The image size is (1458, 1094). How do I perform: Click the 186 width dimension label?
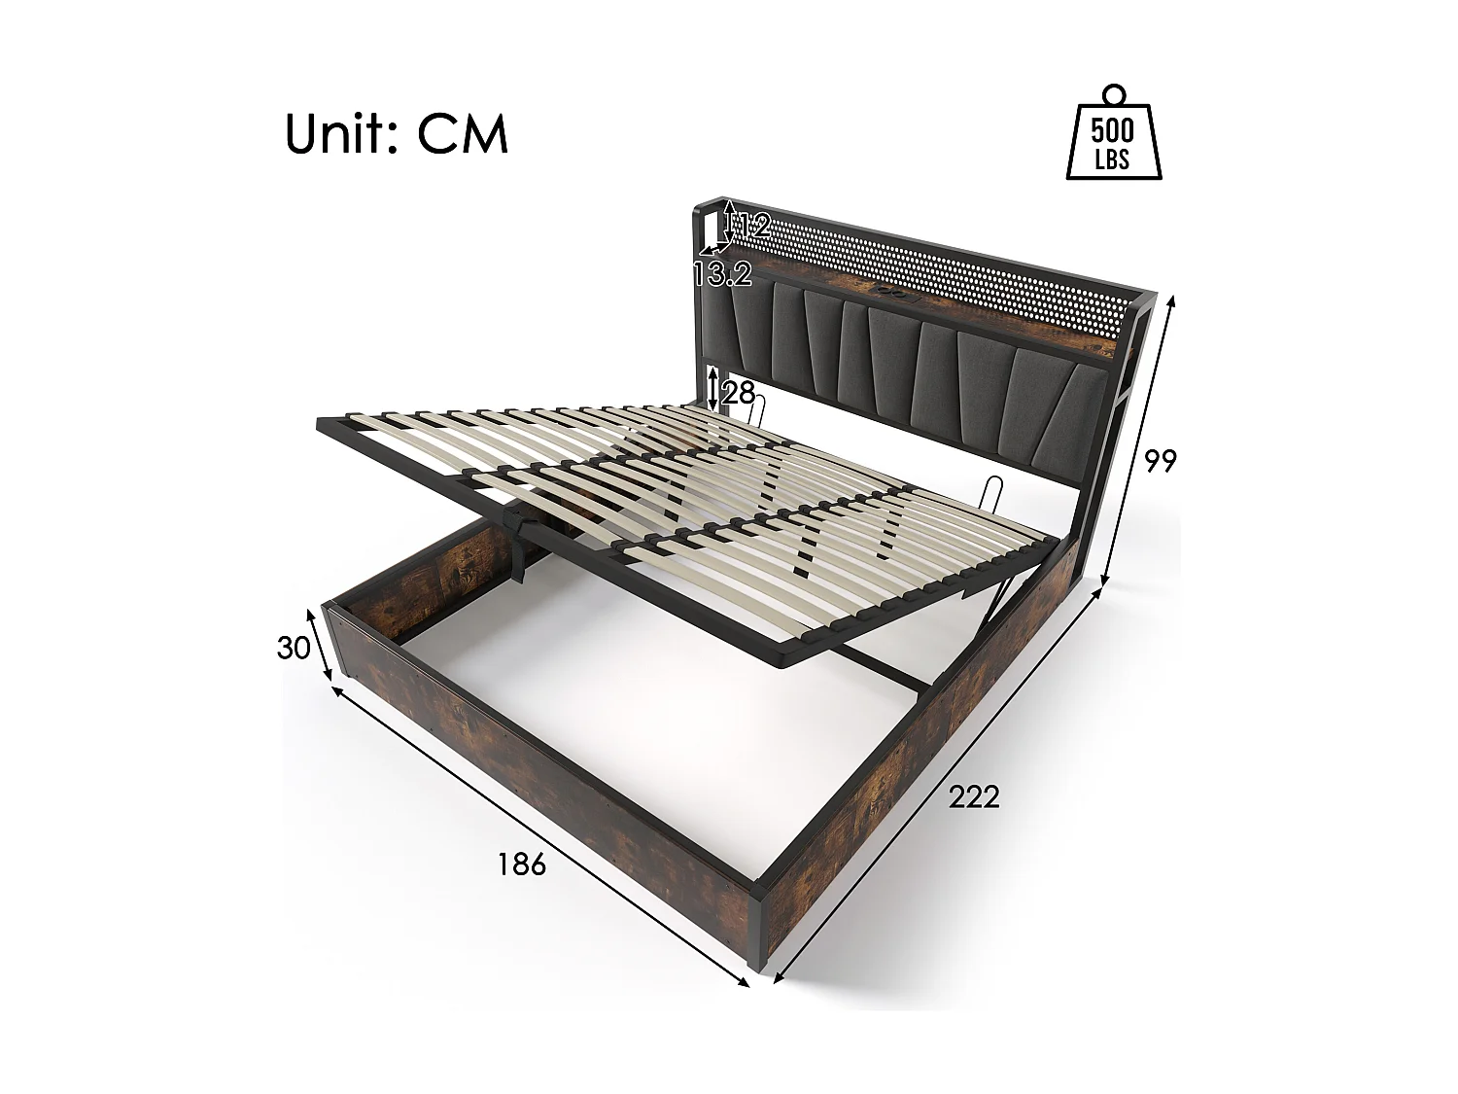coord(522,863)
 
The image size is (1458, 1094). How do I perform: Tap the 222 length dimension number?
coord(974,797)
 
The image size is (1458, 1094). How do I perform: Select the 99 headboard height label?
coord(1160,461)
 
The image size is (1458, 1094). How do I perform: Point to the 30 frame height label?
coord(293,648)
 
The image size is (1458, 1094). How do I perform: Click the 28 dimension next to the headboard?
coord(739,393)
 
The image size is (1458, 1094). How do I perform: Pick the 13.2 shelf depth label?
coord(723,274)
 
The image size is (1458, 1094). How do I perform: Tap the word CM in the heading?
coord(464,135)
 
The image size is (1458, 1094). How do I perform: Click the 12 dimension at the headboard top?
coord(750,227)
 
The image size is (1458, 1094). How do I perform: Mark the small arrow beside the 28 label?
coord(714,389)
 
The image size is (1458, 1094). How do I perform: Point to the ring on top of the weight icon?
coord(1113,94)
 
